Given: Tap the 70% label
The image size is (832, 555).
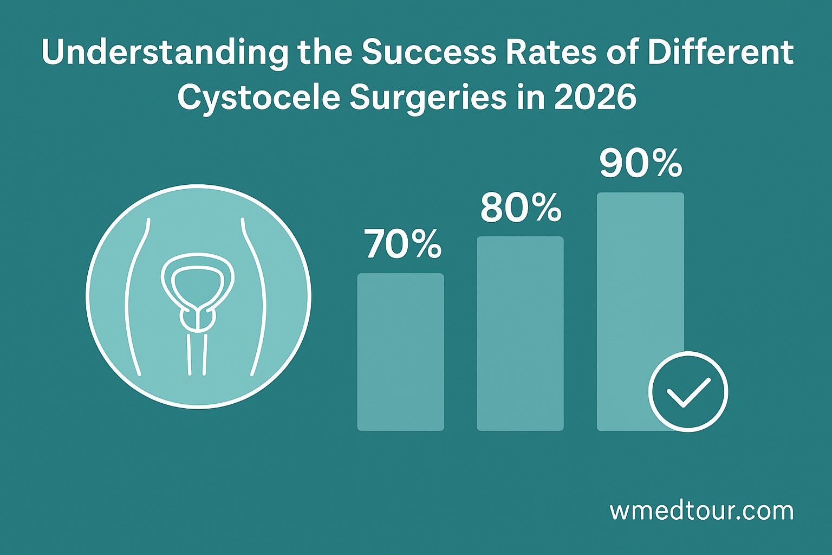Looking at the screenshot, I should pos(403,244).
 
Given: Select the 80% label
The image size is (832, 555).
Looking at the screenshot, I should pos(521,208).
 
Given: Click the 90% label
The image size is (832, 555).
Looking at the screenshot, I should pos(640,164).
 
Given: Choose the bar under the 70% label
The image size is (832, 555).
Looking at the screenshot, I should pos(400,352).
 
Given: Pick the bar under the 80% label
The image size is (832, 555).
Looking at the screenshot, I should pos(520,333).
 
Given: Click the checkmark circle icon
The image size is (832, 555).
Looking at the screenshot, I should pos(688,391).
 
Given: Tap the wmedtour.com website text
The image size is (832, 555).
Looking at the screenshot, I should pos(701,511).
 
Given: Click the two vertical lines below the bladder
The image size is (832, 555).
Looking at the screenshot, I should pos(197,354).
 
